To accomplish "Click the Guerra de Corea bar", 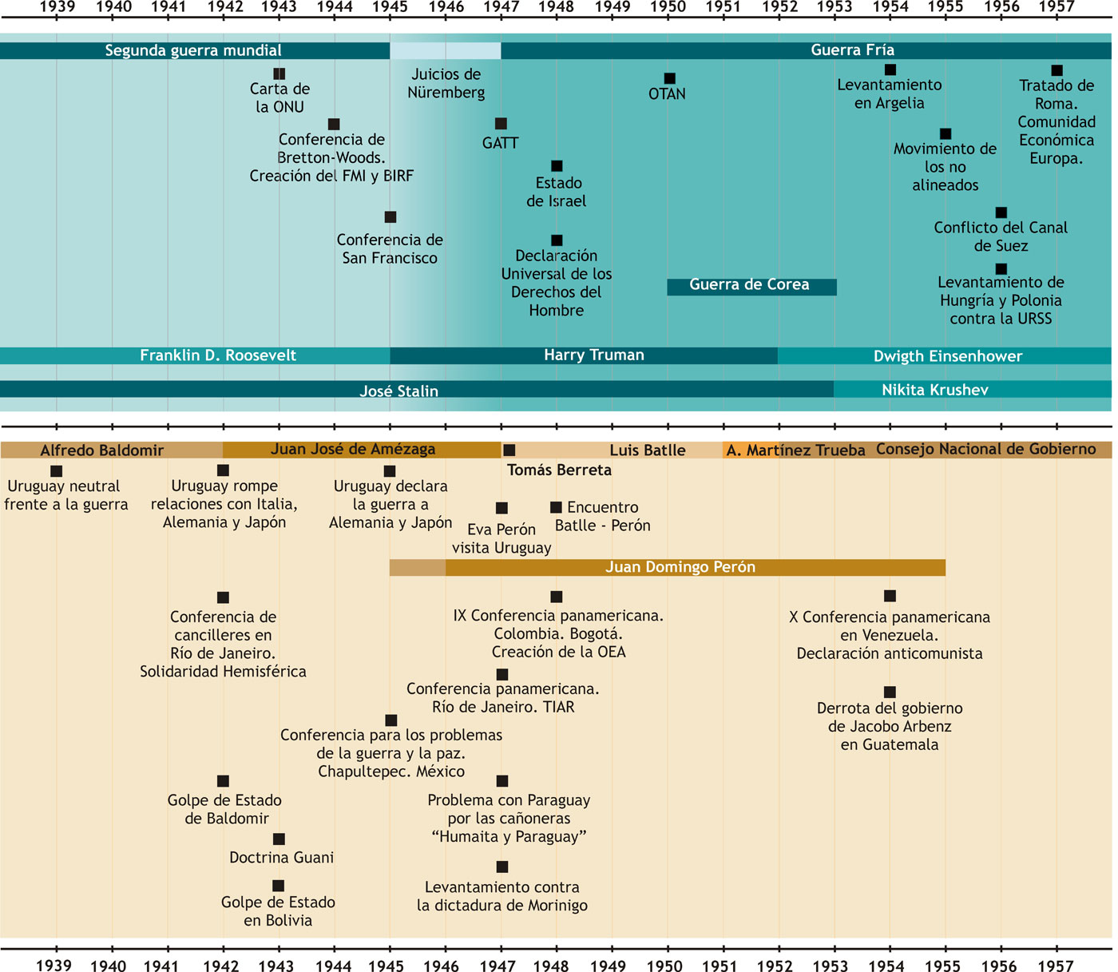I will pyautogui.click(x=751, y=286).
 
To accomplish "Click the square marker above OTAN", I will pyautogui.click(x=669, y=78).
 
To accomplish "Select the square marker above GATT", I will pyautogui.click(x=501, y=124).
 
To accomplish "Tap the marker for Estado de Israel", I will pyautogui.click(x=557, y=166).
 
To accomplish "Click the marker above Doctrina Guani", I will pyautogui.click(x=279, y=839).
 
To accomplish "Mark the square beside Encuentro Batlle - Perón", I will pyautogui.click(x=556, y=507).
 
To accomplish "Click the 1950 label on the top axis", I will pyautogui.click(x=668, y=7).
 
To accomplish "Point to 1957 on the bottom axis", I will pyautogui.click(x=1056, y=966).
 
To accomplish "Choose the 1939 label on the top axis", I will pyautogui.click(x=57, y=7).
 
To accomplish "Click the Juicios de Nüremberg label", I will pyautogui.click(x=446, y=84).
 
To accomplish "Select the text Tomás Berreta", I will pyautogui.click(x=559, y=470).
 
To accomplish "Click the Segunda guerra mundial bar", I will pyautogui.click(x=194, y=51).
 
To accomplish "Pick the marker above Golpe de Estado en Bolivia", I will pyautogui.click(x=278, y=886).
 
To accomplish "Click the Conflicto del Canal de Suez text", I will pyautogui.click(x=1001, y=237).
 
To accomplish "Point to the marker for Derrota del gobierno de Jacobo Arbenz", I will pyautogui.click(x=890, y=692).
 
